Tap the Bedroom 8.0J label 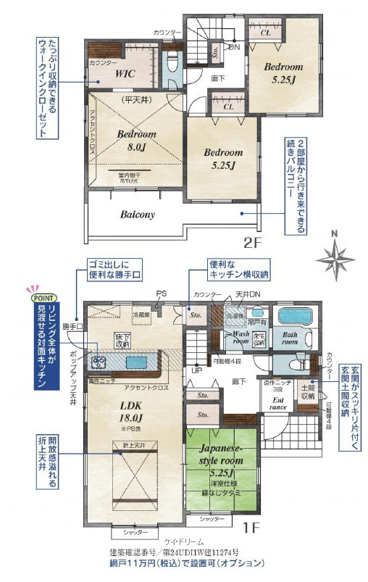point(135,141)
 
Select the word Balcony point(137,215)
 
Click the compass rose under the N point(334,259)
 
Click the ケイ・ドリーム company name point(184,541)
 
